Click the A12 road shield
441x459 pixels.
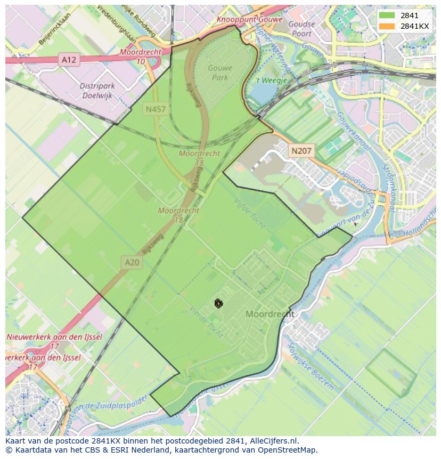coord(69,60)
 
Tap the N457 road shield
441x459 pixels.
coord(156,110)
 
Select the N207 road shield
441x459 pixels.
coord(301,151)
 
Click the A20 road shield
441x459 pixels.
coord(132,262)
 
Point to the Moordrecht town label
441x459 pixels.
coord(269,315)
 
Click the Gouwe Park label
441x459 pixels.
coord(218,73)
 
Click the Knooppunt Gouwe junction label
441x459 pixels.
coord(249,20)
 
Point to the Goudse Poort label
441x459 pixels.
coord(301,28)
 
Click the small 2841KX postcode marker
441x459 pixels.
coord(218,303)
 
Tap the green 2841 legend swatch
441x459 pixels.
coord(387,15)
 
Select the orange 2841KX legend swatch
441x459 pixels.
coord(387,26)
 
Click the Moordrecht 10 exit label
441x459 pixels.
coord(140,57)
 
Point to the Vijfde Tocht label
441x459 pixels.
coord(250,213)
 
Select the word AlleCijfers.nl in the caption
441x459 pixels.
coord(271,441)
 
